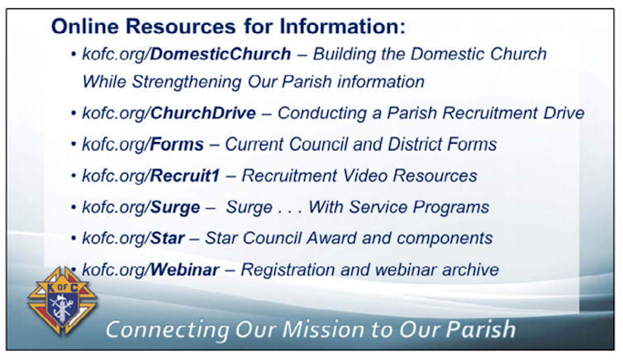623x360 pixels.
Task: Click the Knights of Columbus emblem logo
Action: click(62, 301)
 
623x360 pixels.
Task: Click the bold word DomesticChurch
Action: click(221, 54)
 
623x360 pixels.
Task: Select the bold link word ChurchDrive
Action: click(203, 113)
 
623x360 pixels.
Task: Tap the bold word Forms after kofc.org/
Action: click(177, 144)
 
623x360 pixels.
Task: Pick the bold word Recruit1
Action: click(185, 176)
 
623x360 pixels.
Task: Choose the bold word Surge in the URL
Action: click(175, 207)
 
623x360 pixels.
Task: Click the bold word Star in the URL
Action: click(167, 239)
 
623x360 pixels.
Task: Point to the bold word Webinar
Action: click(185, 270)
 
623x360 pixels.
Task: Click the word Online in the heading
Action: click(85, 27)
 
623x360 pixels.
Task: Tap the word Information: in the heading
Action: click(343, 27)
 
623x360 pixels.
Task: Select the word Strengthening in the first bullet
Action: click(187, 83)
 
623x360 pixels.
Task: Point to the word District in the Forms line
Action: click(416, 144)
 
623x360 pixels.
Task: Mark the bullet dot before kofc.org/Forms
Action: click(74, 144)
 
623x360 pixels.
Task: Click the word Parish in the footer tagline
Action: click(480, 329)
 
